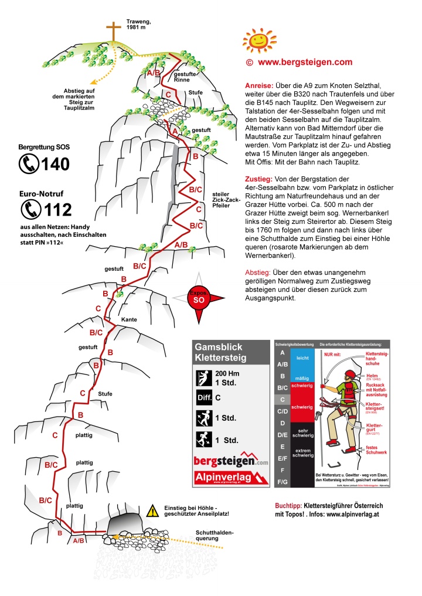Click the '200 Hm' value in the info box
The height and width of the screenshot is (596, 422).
pos(227,373)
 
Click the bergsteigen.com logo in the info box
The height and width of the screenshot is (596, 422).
pos(230,461)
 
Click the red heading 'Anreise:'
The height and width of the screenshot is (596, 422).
pos(257,85)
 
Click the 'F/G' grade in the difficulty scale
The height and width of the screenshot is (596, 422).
pos(283,481)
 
